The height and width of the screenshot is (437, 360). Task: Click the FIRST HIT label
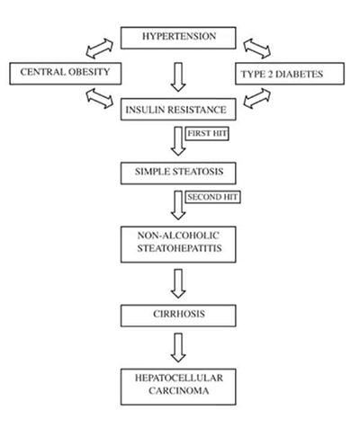205,134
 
